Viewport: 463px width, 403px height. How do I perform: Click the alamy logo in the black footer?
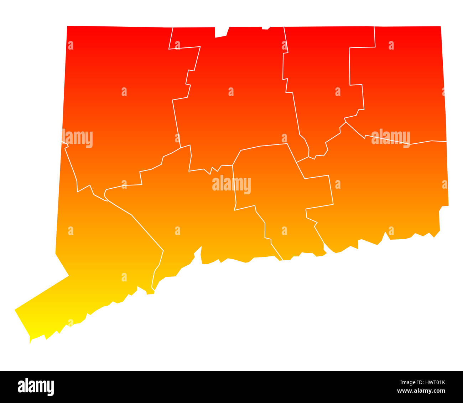[36, 387]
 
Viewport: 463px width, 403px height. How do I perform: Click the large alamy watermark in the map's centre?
[231, 185]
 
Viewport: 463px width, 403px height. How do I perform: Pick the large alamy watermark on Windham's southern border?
[391, 138]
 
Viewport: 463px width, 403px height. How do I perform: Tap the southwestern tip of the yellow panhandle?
[30, 341]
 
